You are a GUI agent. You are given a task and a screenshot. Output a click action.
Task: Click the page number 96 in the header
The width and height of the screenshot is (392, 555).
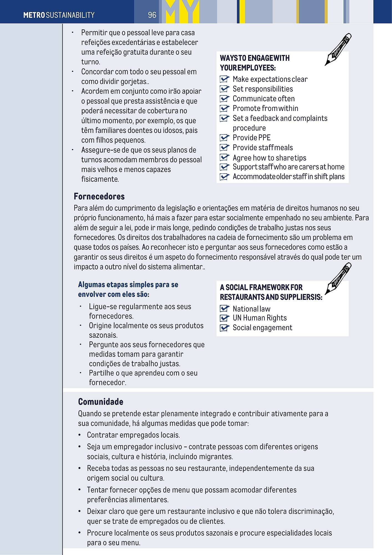(152, 15)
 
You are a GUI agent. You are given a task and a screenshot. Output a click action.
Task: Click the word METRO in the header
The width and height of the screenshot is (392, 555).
(34, 15)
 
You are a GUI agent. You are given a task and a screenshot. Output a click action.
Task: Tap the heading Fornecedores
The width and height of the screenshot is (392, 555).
(99, 196)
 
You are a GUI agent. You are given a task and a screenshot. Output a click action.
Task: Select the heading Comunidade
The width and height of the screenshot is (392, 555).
(100, 402)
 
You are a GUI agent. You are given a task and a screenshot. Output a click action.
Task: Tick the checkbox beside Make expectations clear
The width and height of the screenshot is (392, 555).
(224, 79)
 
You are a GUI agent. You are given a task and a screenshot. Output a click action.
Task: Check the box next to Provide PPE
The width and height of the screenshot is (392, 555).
(224, 138)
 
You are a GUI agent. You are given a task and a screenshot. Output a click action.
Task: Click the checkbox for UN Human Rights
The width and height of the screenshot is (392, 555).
(224, 318)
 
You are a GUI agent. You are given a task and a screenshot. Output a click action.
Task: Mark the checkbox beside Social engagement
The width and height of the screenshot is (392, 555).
(224, 328)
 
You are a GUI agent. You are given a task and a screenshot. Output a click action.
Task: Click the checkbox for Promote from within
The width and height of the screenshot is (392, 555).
(224, 109)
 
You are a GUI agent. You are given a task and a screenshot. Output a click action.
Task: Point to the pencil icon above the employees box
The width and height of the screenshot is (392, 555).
(338, 49)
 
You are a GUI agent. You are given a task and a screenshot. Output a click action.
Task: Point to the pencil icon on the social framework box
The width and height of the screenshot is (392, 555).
(338, 278)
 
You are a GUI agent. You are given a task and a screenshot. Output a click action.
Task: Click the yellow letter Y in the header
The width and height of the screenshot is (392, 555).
(192, 12)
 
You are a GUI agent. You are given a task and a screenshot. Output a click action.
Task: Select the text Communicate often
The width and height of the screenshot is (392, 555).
(263, 99)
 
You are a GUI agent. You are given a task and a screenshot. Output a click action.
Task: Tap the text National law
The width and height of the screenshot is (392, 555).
(251, 309)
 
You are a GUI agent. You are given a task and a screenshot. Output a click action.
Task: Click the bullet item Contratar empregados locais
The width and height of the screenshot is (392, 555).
(133, 435)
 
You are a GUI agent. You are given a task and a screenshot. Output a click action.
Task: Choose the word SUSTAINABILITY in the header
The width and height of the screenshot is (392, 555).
(70, 15)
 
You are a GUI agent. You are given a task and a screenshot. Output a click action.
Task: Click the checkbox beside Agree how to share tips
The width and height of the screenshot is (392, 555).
(224, 158)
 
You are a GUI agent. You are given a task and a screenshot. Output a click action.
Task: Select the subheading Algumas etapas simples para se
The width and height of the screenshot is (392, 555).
(128, 285)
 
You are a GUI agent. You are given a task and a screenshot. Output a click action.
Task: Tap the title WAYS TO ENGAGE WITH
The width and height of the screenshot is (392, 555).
(254, 58)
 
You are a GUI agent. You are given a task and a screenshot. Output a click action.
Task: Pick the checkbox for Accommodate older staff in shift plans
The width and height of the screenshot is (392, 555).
(224, 177)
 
